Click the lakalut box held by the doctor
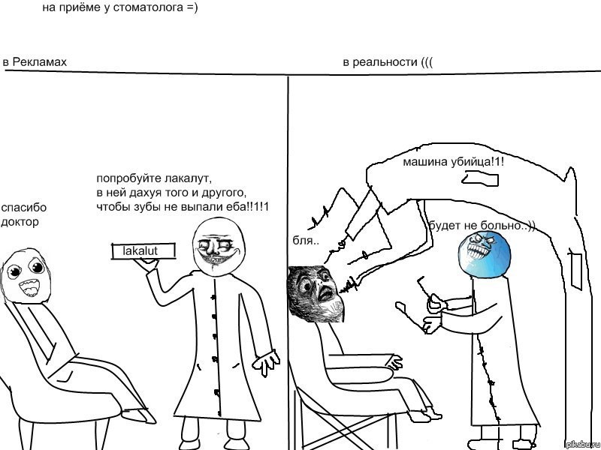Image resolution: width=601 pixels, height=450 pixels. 143,251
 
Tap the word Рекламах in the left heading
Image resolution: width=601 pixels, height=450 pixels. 40,62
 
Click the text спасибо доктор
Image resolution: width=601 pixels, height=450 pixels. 23,214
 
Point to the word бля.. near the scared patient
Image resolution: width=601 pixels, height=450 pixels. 306,240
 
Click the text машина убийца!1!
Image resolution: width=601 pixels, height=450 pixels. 454,162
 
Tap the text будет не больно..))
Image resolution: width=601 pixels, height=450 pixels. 482,226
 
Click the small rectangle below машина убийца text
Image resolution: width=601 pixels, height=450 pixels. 481,178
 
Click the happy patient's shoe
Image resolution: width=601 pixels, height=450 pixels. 139,416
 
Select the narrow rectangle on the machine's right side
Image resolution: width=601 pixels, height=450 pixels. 576,271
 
